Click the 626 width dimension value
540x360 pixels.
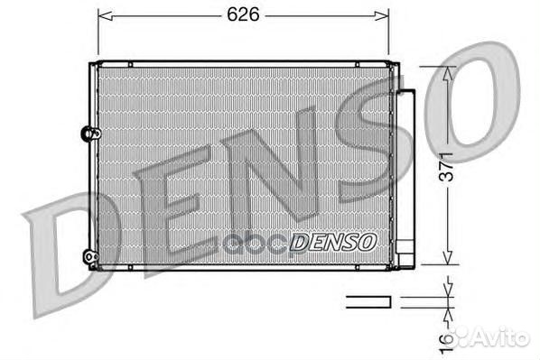[x=238, y=15]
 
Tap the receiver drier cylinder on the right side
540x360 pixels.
[x=405, y=171]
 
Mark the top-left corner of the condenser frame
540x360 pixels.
[x=91, y=62]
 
